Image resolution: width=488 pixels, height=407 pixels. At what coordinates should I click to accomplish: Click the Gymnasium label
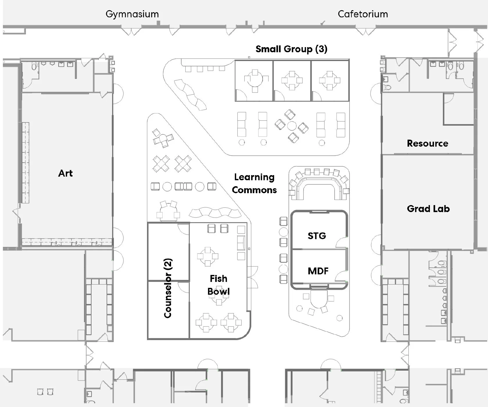(x=132, y=14)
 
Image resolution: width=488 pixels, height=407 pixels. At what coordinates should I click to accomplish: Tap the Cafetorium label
(x=363, y=14)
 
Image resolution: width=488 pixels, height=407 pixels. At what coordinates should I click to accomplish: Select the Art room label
(x=65, y=173)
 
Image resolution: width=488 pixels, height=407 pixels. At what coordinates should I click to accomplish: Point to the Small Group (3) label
(x=291, y=49)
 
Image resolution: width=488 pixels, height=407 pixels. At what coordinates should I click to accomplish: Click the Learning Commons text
(x=254, y=184)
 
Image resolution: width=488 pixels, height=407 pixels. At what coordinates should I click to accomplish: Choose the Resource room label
(x=427, y=143)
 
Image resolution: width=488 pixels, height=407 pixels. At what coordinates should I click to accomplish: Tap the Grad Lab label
(x=428, y=209)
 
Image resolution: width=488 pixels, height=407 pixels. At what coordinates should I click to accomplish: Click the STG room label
(x=317, y=236)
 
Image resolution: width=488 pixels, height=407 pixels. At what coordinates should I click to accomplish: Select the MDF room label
(x=318, y=271)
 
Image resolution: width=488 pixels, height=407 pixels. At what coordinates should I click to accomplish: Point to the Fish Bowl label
(x=218, y=285)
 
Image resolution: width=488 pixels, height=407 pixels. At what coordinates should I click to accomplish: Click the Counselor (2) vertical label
(x=168, y=288)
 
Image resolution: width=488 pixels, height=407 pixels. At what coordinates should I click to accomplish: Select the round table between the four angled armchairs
(x=292, y=126)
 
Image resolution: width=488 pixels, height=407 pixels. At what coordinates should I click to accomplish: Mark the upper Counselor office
(x=168, y=252)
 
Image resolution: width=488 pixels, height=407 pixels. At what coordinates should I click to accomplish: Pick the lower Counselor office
(x=168, y=310)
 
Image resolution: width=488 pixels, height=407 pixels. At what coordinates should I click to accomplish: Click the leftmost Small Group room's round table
(x=255, y=80)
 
